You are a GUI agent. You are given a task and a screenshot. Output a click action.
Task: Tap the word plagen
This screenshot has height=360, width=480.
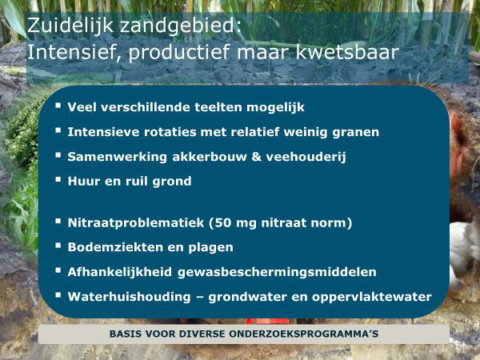click(210, 247)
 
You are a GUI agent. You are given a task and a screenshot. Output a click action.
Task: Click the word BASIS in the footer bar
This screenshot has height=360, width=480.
click(126, 333)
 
